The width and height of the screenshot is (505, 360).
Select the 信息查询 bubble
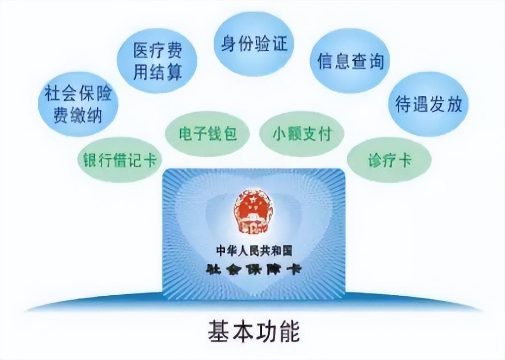350,60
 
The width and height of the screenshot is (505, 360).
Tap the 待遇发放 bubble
428,104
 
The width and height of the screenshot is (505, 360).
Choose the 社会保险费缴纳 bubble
78,104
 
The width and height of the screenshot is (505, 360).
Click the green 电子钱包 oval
208,134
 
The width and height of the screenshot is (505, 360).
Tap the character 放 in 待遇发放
454,104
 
